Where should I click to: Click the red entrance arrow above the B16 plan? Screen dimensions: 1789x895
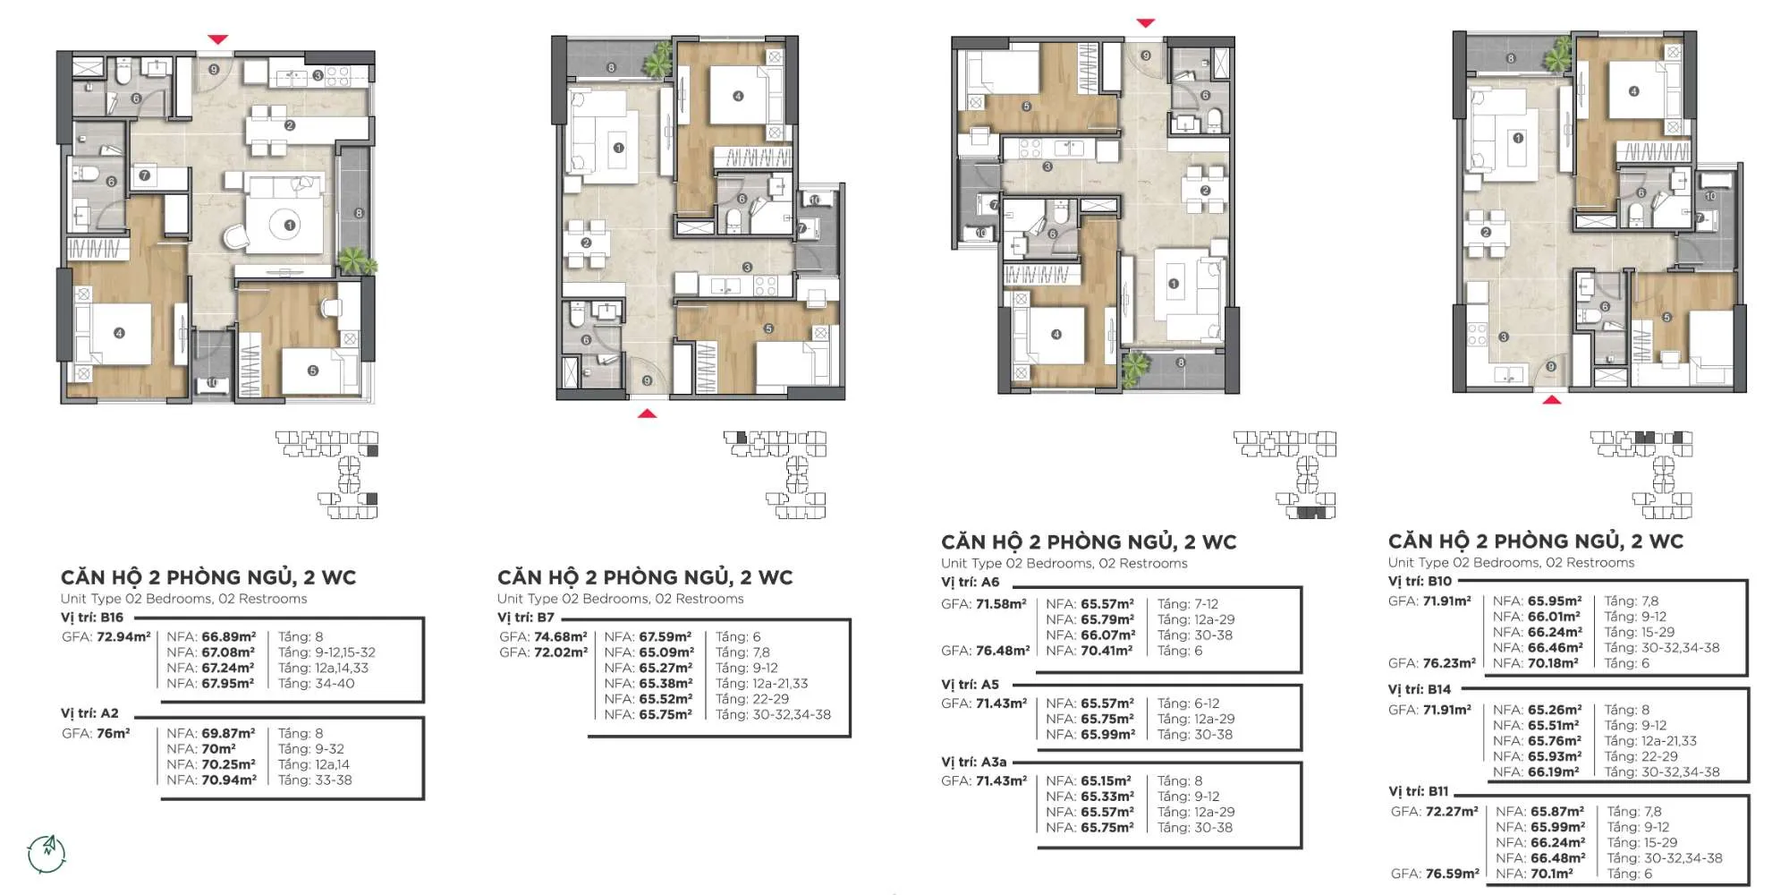click(217, 39)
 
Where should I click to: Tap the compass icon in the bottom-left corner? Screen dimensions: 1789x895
click(47, 854)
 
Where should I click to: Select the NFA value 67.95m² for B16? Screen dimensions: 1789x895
click(228, 684)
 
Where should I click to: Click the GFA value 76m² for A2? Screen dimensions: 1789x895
click(113, 733)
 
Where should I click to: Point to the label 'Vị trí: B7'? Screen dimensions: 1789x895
click(526, 618)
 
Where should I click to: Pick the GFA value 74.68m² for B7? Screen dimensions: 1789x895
click(561, 637)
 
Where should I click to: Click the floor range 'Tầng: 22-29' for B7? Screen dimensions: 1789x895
click(752, 699)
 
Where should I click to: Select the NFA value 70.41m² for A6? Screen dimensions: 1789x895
click(1106, 651)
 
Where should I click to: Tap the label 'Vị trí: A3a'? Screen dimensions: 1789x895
click(974, 763)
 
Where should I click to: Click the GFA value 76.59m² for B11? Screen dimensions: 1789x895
click(1452, 874)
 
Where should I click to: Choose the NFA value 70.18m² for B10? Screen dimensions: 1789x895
click(1553, 663)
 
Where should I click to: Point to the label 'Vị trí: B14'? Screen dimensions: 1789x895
click(1420, 689)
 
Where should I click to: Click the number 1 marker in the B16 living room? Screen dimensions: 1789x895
click(289, 226)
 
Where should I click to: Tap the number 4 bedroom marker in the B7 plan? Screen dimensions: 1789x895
click(738, 96)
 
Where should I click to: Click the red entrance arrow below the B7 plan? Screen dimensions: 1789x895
click(647, 413)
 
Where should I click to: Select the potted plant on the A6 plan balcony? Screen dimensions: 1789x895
click(1135, 367)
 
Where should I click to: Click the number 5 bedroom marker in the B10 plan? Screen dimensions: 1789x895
click(1666, 318)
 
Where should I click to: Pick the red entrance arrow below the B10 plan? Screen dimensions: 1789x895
click(1552, 399)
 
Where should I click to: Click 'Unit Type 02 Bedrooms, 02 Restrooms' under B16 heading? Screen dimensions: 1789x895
click(183, 599)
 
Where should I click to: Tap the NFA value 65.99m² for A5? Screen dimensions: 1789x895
click(1107, 735)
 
